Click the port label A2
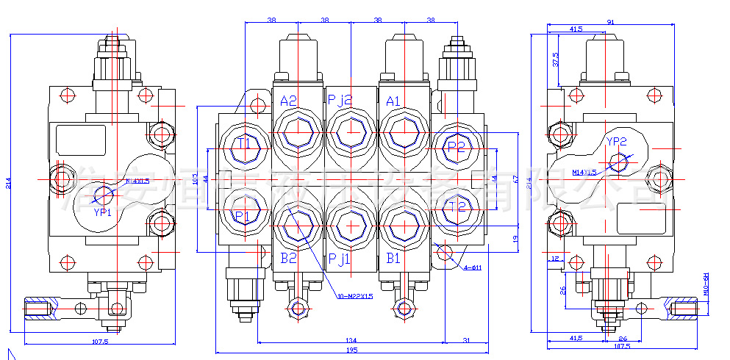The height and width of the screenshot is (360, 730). pyautogui.click(x=288, y=101)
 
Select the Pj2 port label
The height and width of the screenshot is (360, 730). pyautogui.click(x=340, y=101)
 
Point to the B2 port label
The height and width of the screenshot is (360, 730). pyautogui.click(x=287, y=258)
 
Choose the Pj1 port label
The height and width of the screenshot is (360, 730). pyautogui.click(x=340, y=258)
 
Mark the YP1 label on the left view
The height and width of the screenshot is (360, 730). pyautogui.click(x=102, y=212)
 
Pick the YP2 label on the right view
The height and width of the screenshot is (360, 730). pyautogui.click(x=616, y=142)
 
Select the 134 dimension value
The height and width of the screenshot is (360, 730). pyautogui.click(x=351, y=339)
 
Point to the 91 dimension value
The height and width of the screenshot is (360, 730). pyautogui.click(x=611, y=22)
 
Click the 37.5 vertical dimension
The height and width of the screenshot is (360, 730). pyautogui.click(x=556, y=60)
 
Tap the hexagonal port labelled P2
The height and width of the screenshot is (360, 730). pyautogui.click(x=457, y=147)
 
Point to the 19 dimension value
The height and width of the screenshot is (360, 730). pyautogui.click(x=515, y=239)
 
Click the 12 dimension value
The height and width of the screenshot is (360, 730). pyautogui.click(x=556, y=258)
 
